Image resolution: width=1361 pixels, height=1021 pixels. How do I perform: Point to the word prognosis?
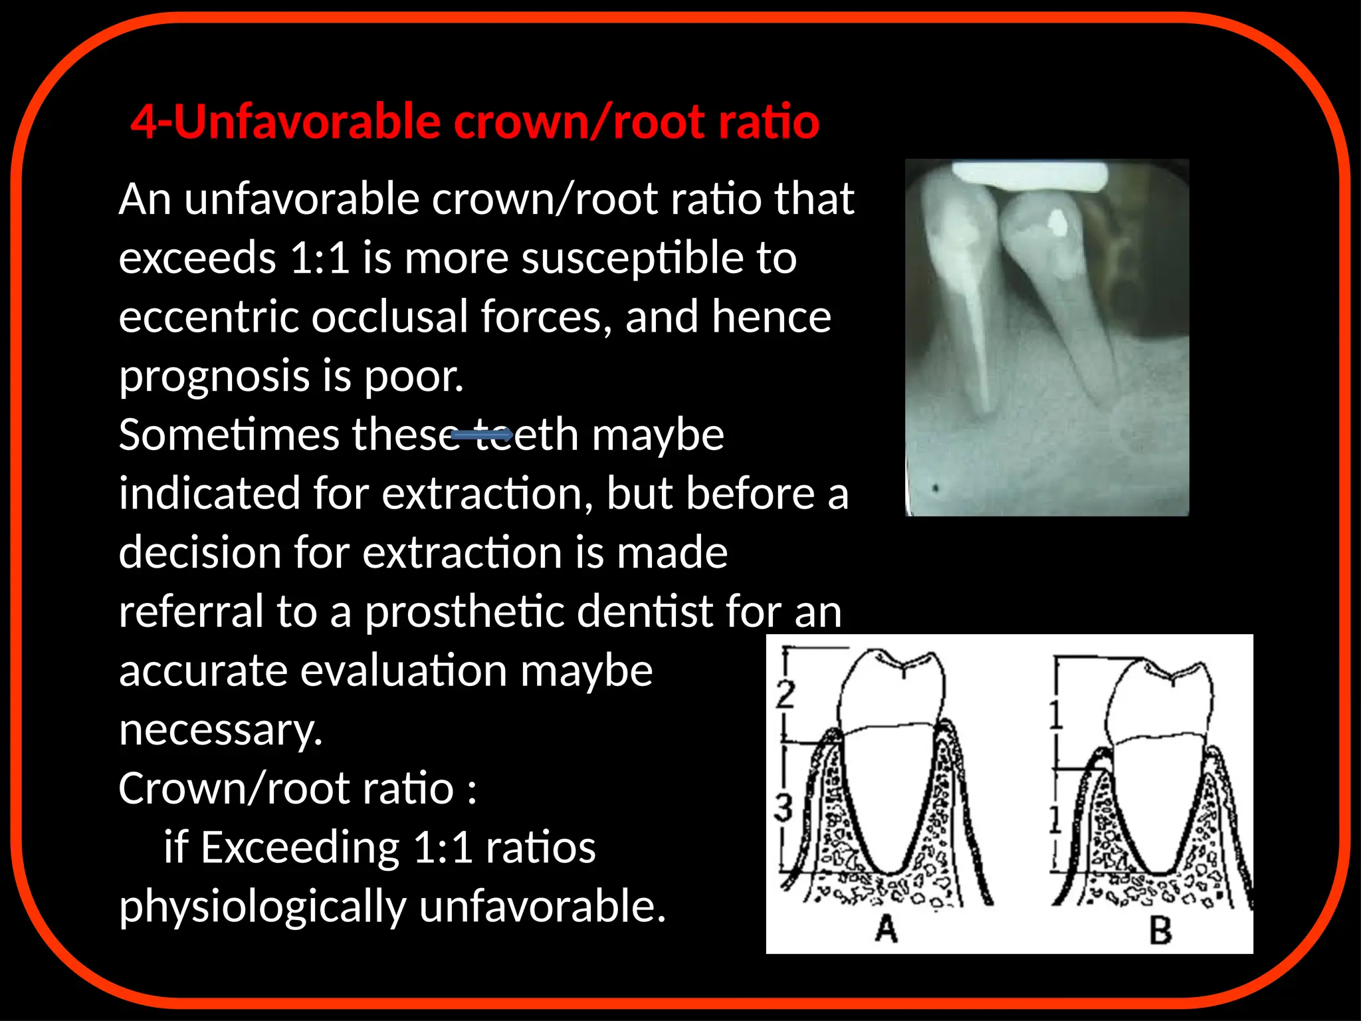214,376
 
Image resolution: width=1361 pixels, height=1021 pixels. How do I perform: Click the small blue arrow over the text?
481,435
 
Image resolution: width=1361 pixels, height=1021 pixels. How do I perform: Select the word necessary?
221,730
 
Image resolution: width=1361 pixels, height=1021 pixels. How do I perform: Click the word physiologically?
262,907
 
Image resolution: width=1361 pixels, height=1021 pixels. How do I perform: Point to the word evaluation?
403,671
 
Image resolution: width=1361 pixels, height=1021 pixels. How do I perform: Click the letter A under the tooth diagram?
887,928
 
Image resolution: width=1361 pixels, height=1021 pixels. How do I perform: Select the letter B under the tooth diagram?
1160,930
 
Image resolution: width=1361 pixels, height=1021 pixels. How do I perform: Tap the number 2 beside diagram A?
785,695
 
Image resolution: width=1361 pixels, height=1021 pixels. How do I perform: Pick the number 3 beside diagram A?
784,807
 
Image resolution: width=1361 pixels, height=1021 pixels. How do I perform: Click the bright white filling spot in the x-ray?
1056,221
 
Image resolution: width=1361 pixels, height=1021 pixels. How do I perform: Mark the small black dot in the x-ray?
936,489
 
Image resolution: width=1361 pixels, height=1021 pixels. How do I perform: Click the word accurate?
202,671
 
